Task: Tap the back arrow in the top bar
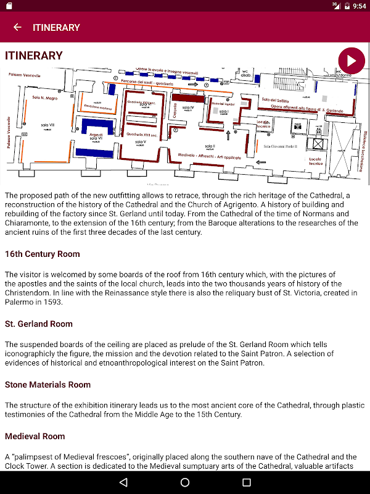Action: tap(17, 27)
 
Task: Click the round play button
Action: tap(351, 61)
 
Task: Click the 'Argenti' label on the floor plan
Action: tap(96, 134)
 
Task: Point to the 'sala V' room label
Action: tap(140, 143)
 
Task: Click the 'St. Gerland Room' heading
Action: tap(39, 324)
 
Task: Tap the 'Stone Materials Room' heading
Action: tap(47, 385)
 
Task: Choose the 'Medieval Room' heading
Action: tap(35, 436)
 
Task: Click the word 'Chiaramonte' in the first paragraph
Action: tap(27, 224)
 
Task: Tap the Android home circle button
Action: tap(185, 482)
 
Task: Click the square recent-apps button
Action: tap(247, 482)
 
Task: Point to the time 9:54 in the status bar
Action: tap(358, 6)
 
